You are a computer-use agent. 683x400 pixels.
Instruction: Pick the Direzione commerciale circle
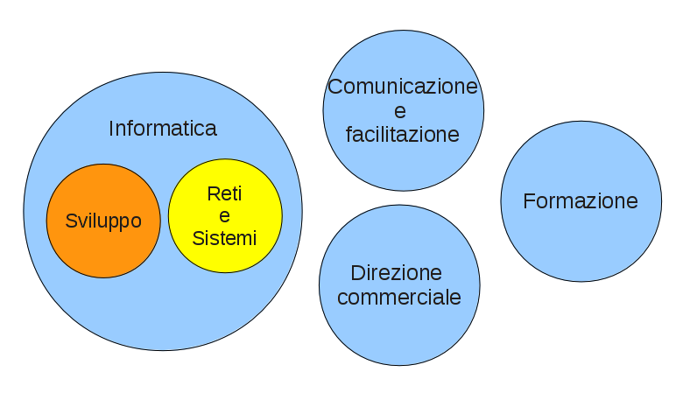[x=399, y=328]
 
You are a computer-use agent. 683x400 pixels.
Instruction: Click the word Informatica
[x=163, y=129]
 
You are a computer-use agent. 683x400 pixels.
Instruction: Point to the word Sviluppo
[x=103, y=221]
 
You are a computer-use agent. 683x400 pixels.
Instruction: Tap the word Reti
[x=225, y=194]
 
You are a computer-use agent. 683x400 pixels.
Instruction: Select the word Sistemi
[x=225, y=237]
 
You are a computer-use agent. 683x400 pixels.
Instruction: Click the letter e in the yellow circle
[x=225, y=216]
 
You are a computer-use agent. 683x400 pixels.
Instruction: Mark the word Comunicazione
[x=403, y=87]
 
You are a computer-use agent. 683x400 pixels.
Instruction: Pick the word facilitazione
[x=403, y=135]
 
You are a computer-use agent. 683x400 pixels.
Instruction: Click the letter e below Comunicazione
[x=401, y=111]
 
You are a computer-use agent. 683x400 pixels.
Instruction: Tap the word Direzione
[x=397, y=272]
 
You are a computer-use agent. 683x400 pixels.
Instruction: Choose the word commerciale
[x=399, y=297]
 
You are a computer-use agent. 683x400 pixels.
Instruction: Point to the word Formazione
[x=581, y=201]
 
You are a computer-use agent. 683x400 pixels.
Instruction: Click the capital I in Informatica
[x=111, y=129]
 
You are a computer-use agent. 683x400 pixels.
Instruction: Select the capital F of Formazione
[x=528, y=201]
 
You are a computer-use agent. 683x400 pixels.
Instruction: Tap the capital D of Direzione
[x=356, y=272]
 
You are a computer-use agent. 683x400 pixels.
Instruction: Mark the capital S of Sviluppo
[x=71, y=221]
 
